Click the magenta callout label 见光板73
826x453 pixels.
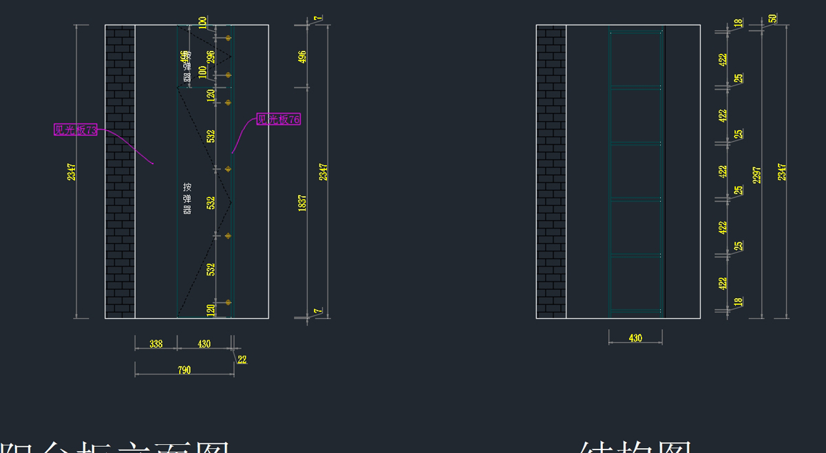click(x=76, y=129)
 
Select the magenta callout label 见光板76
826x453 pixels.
click(x=279, y=119)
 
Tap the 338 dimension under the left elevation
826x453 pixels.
click(x=156, y=344)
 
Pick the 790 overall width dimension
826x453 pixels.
click(x=184, y=370)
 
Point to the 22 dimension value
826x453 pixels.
click(x=242, y=359)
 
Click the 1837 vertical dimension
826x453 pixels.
click(x=302, y=202)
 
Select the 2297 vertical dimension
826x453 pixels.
click(x=757, y=175)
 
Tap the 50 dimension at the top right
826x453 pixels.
click(x=773, y=19)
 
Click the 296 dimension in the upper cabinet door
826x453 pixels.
click(x=211, y=56)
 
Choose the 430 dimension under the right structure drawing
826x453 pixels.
click(x=635, y=338)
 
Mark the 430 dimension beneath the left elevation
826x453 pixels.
click(x=204, y=344)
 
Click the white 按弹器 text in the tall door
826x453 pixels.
click(x=187, y=199)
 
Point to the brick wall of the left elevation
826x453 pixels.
click(x=120, y=172)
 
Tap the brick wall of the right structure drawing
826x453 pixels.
click(x=551, y=172)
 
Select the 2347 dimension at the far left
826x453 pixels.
click(x=72, y=172)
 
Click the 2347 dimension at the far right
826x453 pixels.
click(x=782, y=172)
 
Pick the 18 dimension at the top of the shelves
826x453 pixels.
click(x=738, y=23)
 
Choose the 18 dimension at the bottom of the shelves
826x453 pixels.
click(x=738, y=302)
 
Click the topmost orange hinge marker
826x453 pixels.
click(x=229, y=38)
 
